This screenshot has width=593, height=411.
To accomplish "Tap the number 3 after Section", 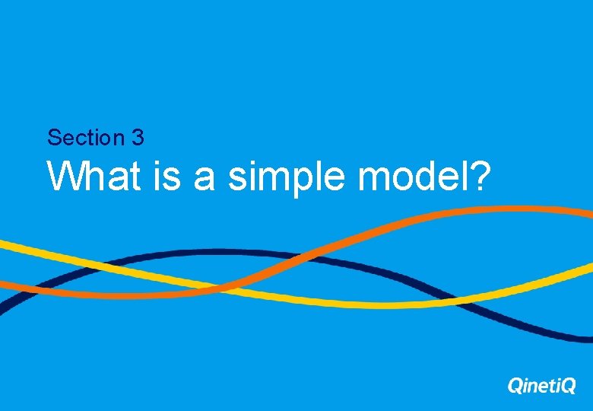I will click(x=138, y=138).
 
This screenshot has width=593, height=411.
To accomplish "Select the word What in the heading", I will click(x=94, y=177).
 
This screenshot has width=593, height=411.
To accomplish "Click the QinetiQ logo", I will click(x=541, y=387).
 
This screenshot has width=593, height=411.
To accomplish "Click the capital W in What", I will click(x=62, y=177).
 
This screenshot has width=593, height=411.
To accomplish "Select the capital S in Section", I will click(x=53, y=138).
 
